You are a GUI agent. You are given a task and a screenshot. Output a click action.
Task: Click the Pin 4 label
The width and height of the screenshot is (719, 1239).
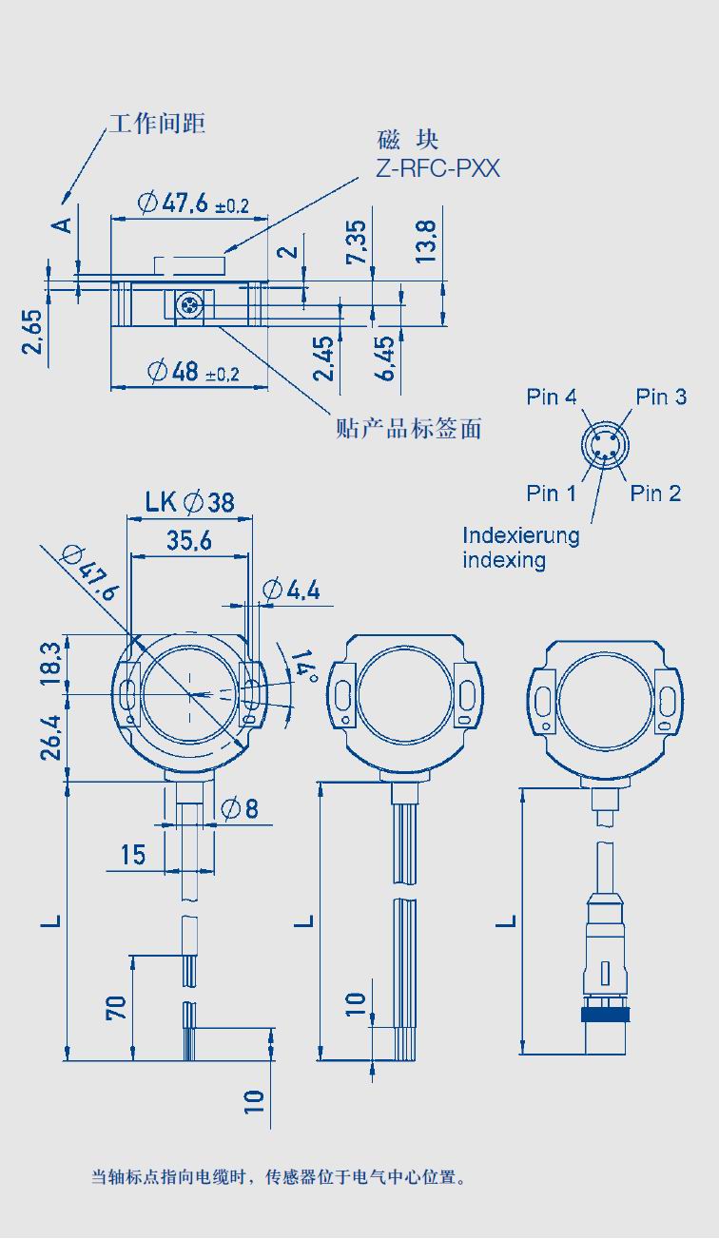(x=551, y=397)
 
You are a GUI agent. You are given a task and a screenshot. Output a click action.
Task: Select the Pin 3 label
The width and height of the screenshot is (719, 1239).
(x=661, y=397)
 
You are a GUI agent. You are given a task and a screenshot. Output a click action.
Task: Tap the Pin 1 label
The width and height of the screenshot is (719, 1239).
(x=551, y=493)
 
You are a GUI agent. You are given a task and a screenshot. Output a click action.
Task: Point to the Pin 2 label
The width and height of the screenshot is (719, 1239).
(x=655, y=493)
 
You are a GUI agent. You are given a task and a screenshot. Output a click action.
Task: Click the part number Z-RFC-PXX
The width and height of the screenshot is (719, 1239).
(x=437, y=168)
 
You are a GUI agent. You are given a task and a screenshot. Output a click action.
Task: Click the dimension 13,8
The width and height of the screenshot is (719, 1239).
(x=425, y=242)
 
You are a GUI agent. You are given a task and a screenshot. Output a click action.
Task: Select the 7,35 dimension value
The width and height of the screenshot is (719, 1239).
(x=356, y=242)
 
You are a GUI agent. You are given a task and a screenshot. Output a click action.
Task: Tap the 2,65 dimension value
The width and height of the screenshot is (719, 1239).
(x=31, y=331)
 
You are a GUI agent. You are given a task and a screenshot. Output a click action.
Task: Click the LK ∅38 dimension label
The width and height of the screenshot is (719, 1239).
(x=189, y=502)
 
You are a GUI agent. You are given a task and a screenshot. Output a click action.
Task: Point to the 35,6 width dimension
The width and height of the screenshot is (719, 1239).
(x=189, y=540)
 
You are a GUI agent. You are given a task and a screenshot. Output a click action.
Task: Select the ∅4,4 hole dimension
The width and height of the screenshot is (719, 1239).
(x=291, y=590)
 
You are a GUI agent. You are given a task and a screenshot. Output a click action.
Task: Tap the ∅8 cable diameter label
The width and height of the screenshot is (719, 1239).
(x=240, y=808)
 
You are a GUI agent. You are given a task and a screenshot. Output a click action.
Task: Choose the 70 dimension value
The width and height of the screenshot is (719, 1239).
(x=116, y=1007)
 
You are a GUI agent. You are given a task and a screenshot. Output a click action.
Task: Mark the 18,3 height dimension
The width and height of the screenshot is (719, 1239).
(x=51, y=663)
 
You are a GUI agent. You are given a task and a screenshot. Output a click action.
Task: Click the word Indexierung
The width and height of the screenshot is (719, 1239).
(x=521, y=535)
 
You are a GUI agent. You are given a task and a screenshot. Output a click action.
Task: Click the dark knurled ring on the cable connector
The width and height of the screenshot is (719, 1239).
(x=606, y=1015)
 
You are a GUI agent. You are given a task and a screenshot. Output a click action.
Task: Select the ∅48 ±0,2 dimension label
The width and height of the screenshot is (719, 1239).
(x=194, y=372)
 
